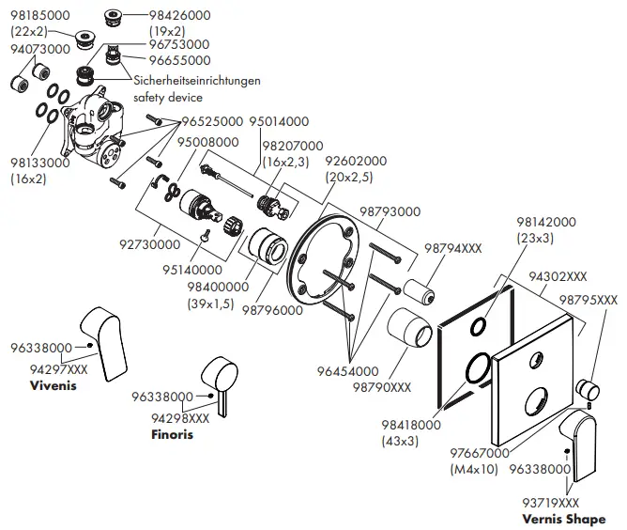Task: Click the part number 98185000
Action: point(39,16)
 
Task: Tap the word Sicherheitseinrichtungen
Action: point(198,82)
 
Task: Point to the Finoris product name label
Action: point(173,435)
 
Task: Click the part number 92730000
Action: point(151,243)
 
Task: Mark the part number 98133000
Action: point(39,164)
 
